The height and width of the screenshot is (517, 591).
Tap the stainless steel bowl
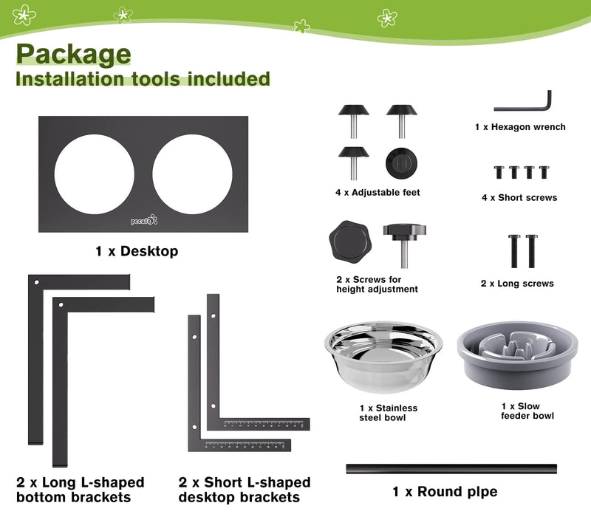click(383, 357)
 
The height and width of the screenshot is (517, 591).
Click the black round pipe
click(451, 469)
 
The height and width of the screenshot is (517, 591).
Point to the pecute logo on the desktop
click(144, 220)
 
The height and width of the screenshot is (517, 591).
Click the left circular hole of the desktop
click(95, 174)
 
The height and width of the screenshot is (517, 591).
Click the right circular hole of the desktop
click(192, 174)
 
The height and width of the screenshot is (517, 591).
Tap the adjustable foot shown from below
click(401, 163)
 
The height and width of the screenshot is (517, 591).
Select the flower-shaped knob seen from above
click(349, 242)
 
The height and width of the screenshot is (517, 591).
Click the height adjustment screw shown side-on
click(404, 245)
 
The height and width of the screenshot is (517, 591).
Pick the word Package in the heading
click(73, 54)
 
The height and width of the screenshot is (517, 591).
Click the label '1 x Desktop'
click(137, 251)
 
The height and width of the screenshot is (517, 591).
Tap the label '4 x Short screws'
click(519, 197)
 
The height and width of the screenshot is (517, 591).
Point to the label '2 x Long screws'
click(517, 284)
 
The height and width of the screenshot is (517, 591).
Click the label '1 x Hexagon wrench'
click(520, 127)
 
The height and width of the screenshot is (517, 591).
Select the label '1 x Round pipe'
click(445, 492)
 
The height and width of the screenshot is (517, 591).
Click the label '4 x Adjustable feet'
click(378, 193)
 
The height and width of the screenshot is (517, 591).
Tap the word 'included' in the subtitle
click(228, 79)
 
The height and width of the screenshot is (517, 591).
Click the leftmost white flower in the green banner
click(24, 15)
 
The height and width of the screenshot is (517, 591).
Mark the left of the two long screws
click(514, 251)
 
